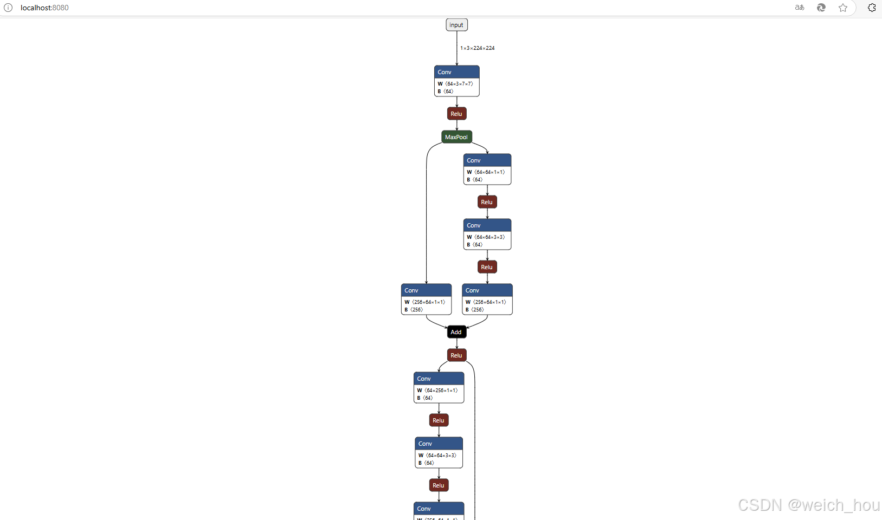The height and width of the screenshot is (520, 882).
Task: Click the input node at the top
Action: tap(456, 25)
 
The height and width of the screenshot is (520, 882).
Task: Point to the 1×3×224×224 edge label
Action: tap(477, 48)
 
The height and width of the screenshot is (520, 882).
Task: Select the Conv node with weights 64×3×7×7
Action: tap(456, 81)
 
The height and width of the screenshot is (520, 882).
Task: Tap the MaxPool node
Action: tap(456, 137)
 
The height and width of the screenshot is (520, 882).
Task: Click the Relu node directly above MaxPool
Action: tap(456, 114)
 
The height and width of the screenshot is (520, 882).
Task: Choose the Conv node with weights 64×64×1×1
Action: tap(487, 169)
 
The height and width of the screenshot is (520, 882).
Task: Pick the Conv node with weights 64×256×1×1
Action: tap(439, 387)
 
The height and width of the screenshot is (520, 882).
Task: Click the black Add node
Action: tap(456, 332)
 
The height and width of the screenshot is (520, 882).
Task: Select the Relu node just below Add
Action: tap(456, 355)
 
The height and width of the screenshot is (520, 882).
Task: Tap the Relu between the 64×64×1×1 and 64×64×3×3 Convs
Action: tap(487, 202)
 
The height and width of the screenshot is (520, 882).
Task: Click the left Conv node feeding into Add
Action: tap(426, 299)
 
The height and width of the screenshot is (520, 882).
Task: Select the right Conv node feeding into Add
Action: tap(487, 299)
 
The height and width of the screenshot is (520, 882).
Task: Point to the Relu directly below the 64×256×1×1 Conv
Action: tap(439, 420)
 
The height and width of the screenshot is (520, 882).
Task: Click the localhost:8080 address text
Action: tap(44, 8)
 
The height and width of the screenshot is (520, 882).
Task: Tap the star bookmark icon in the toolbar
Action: tap(842, 8)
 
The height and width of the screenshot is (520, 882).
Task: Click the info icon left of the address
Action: tap(8, 8)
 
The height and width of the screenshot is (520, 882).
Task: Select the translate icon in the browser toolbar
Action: tap(800, 8)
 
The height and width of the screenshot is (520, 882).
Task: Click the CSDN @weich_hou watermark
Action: tap(808, 505)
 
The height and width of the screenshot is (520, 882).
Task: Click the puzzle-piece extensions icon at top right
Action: tap(872, 8)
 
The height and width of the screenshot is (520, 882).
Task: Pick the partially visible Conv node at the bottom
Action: tap(439, 510)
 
